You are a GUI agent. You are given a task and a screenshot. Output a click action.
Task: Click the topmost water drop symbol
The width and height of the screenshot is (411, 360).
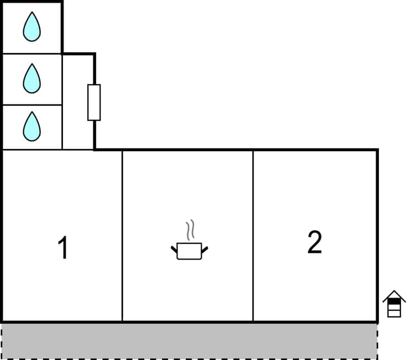point(31,27)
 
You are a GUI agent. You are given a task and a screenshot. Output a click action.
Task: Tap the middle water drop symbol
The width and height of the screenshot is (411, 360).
point(31,78)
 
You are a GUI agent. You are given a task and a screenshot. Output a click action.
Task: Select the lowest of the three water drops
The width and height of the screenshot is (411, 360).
point(31,126)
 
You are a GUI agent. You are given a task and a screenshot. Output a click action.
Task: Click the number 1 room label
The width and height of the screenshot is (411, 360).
point(63,248)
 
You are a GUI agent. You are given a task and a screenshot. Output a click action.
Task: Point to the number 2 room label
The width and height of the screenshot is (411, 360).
point(314,242)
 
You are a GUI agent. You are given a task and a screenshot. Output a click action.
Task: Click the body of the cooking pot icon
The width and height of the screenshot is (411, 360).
point(189,252)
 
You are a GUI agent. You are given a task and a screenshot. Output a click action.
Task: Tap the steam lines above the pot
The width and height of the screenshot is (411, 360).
point(190,231)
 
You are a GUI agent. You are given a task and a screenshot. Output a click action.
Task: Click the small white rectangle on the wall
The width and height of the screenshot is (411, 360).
point(94,102)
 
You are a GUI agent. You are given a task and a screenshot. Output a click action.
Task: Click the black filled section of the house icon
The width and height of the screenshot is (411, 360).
point(394,303)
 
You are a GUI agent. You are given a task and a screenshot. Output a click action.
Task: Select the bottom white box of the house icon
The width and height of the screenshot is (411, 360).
point(394,313)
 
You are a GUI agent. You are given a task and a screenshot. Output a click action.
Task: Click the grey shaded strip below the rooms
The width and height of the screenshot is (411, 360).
point(189,340)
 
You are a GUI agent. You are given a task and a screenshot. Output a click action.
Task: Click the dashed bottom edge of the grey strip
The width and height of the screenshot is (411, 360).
point(189,358)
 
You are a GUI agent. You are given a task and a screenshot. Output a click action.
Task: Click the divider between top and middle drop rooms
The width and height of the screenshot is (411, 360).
point(31,54)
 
